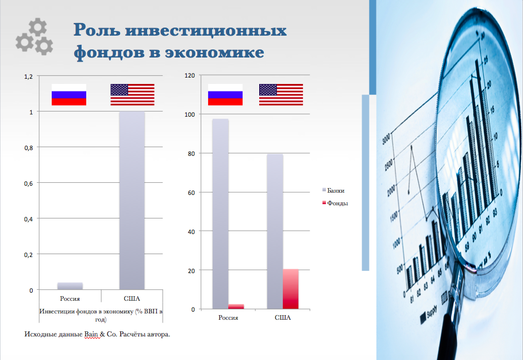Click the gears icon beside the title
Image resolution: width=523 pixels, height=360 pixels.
34,37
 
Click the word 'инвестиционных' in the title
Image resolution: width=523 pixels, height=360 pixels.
206,30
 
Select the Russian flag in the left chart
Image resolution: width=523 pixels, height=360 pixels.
69,95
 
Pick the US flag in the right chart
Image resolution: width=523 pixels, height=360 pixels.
281,95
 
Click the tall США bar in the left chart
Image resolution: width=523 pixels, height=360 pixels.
132,200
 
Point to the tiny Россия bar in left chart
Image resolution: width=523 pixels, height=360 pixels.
70,286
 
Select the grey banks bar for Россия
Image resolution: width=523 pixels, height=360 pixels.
221,214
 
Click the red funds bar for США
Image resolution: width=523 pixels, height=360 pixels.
290,289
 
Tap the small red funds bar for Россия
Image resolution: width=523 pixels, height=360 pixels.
236,307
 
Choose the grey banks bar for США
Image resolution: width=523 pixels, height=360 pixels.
275,232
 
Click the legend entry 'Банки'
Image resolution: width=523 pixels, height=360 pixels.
333,190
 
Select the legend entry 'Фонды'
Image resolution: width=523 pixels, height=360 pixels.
335,203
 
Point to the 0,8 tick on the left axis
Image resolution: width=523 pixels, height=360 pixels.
29,147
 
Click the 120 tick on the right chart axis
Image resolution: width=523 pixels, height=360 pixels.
190,75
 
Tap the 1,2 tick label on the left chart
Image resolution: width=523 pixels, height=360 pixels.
29,76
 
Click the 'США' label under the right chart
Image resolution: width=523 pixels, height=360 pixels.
283,317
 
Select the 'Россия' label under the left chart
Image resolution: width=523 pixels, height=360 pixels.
70,298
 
